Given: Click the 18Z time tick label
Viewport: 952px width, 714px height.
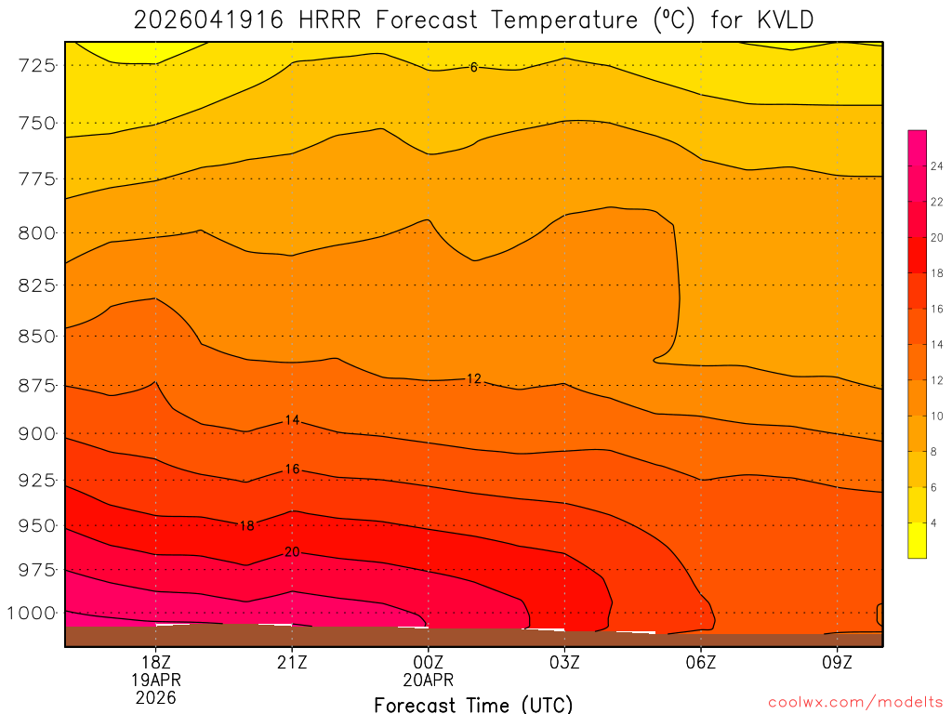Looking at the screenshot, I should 155,662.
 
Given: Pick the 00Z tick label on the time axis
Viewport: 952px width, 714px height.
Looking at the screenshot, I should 428,662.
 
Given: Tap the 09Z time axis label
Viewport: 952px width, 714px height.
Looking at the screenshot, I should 837,662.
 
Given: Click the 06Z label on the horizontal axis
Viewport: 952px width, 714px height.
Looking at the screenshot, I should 700,662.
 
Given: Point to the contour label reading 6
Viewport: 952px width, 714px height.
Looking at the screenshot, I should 473,67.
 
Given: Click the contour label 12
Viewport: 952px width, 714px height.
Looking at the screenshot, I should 473,378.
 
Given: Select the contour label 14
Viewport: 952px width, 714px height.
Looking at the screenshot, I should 292,420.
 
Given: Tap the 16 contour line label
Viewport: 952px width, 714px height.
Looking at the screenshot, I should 292,469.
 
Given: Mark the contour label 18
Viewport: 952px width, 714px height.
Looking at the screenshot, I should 246,525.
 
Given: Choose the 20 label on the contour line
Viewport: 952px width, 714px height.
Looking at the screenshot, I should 292,552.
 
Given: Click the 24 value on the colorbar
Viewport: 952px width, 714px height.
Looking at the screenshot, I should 937,165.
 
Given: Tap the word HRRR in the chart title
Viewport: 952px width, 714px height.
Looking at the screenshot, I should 329,20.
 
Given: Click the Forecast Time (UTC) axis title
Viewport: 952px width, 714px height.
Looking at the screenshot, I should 473,704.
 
